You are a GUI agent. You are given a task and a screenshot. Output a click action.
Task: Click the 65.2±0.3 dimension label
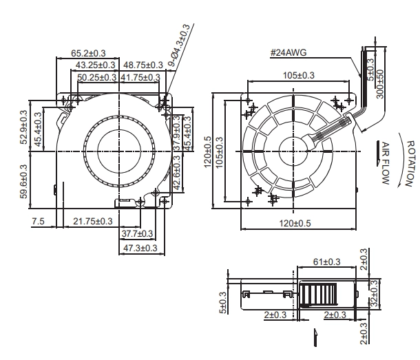coord(88,53)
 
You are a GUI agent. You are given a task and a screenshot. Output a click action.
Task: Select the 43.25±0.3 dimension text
coord(95,65)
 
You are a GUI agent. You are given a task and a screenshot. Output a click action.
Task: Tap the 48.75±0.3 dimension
coord(143,65)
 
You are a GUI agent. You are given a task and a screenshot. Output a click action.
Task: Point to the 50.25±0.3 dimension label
coord(96,77)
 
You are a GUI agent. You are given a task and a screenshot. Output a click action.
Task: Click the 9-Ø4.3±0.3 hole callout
coord(179,45)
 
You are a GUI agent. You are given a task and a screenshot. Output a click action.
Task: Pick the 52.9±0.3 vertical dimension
coord(23,127)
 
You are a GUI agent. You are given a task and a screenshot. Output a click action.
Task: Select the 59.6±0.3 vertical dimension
coord(23,182)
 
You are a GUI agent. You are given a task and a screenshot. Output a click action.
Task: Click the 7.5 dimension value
coord(38,222)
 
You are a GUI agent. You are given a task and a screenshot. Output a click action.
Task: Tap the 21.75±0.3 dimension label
coord(93,221)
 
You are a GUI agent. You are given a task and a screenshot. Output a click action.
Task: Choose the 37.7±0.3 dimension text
coord(137,233)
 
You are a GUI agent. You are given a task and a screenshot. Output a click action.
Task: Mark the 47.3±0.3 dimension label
coord(140,248)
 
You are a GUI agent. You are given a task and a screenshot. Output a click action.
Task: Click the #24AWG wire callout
coord(288,52)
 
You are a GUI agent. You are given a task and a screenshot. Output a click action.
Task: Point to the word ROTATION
coord(410,164)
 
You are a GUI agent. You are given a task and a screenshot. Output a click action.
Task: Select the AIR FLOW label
coord(385,163)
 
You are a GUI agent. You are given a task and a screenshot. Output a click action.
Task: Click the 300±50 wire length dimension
coord(380,84)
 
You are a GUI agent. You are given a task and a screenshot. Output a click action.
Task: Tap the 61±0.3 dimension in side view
coord(327,262)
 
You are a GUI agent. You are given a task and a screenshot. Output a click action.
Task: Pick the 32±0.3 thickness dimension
coord(374,293)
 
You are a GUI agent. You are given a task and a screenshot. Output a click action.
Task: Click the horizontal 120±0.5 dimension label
coord(295,223)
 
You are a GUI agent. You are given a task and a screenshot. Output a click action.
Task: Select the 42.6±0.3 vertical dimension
coord(177,173)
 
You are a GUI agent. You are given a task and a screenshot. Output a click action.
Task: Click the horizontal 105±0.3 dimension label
coord(299,76)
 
